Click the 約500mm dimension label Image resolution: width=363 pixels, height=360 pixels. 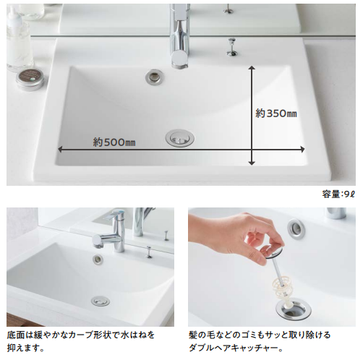pos(114,142)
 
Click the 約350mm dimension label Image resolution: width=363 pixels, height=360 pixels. pos(276,113)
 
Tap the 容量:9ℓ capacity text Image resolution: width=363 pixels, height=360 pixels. pos(339,194)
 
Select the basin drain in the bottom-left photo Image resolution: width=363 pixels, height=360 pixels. pos(101,301)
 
